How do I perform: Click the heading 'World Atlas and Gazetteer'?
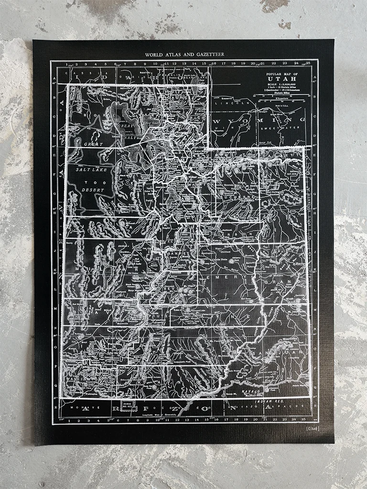(184, 55)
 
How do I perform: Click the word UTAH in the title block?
(282, 79)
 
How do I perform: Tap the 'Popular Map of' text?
(282, 74)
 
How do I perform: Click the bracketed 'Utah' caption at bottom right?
(313, 429)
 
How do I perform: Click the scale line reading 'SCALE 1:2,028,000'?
(282, 85)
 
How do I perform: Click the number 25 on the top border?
(309, 63)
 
